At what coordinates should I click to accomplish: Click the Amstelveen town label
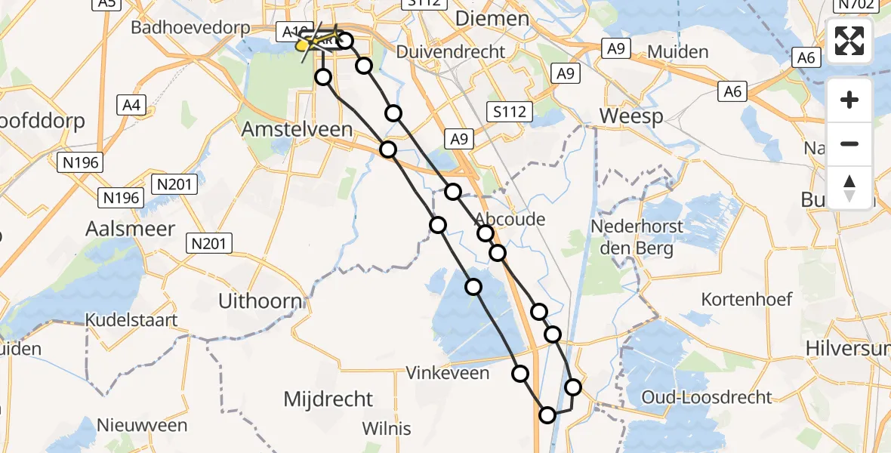[x=297, y=129]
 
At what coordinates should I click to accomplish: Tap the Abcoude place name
[x=510, y=219]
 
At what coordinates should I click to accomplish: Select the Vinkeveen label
[x=448, y=373]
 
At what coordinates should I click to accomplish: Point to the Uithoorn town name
[x=261, y=301]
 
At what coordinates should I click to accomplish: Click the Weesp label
[x=631, y=116]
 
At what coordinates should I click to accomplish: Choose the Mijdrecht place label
[x=328, y=399]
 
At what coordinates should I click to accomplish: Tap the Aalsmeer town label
[x=131, y=229]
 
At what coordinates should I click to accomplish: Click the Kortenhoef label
[x=747, y=299]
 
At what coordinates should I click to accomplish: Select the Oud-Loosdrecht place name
[x=706, y=397]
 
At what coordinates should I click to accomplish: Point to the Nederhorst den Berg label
[x=637, y=238]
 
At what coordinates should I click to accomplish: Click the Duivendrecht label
[x=451, y=52]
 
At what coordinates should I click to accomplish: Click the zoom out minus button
[x=849, y=144]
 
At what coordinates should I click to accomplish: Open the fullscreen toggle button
[x=849, y=41]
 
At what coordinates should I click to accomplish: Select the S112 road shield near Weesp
[x=510, y=112]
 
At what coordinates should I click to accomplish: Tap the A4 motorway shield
[x=132, y=105]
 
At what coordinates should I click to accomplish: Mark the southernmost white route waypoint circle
[x=547, y=414]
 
